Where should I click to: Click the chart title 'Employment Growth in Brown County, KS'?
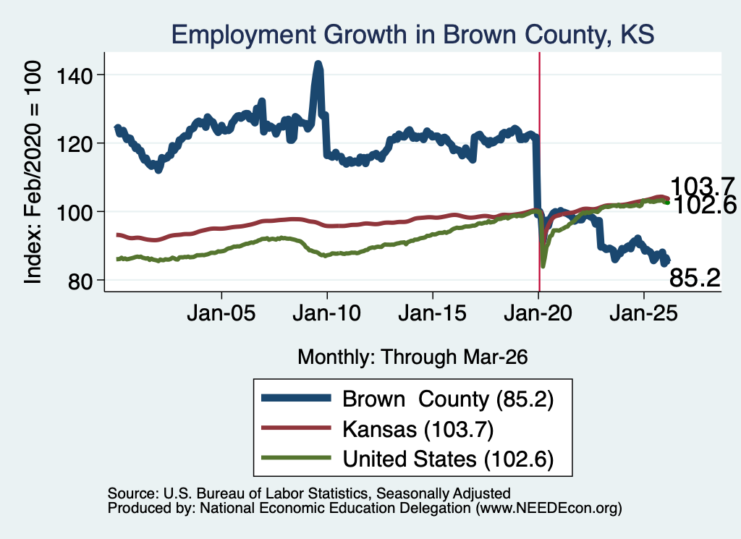coord(412,35)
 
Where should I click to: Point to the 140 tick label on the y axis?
coord(75,75)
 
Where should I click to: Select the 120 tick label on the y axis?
coord(75,143)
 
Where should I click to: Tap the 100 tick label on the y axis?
coord(75,213)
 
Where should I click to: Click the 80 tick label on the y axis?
coord(80,281)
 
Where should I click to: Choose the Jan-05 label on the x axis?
coord(221,313)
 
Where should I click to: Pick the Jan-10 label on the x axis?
coord(326,313)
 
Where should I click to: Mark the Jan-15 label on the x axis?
coord(433,313)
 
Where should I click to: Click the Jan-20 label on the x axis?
coord(538,313)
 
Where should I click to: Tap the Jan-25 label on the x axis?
coord(643,313)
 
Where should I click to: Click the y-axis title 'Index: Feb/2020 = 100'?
coord(33,172)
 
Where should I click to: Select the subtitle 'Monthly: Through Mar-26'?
coord(412,357)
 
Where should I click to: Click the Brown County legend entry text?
coord(448,399)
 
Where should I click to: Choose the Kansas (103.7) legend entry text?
coord(418,429)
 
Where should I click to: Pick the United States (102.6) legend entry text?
coord(448,459)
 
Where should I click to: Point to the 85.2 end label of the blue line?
coord(695,278)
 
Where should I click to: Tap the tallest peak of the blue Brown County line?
coord(318,64)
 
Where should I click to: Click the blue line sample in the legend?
coord(296,398)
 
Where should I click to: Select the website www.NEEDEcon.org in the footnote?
coord(549,509)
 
